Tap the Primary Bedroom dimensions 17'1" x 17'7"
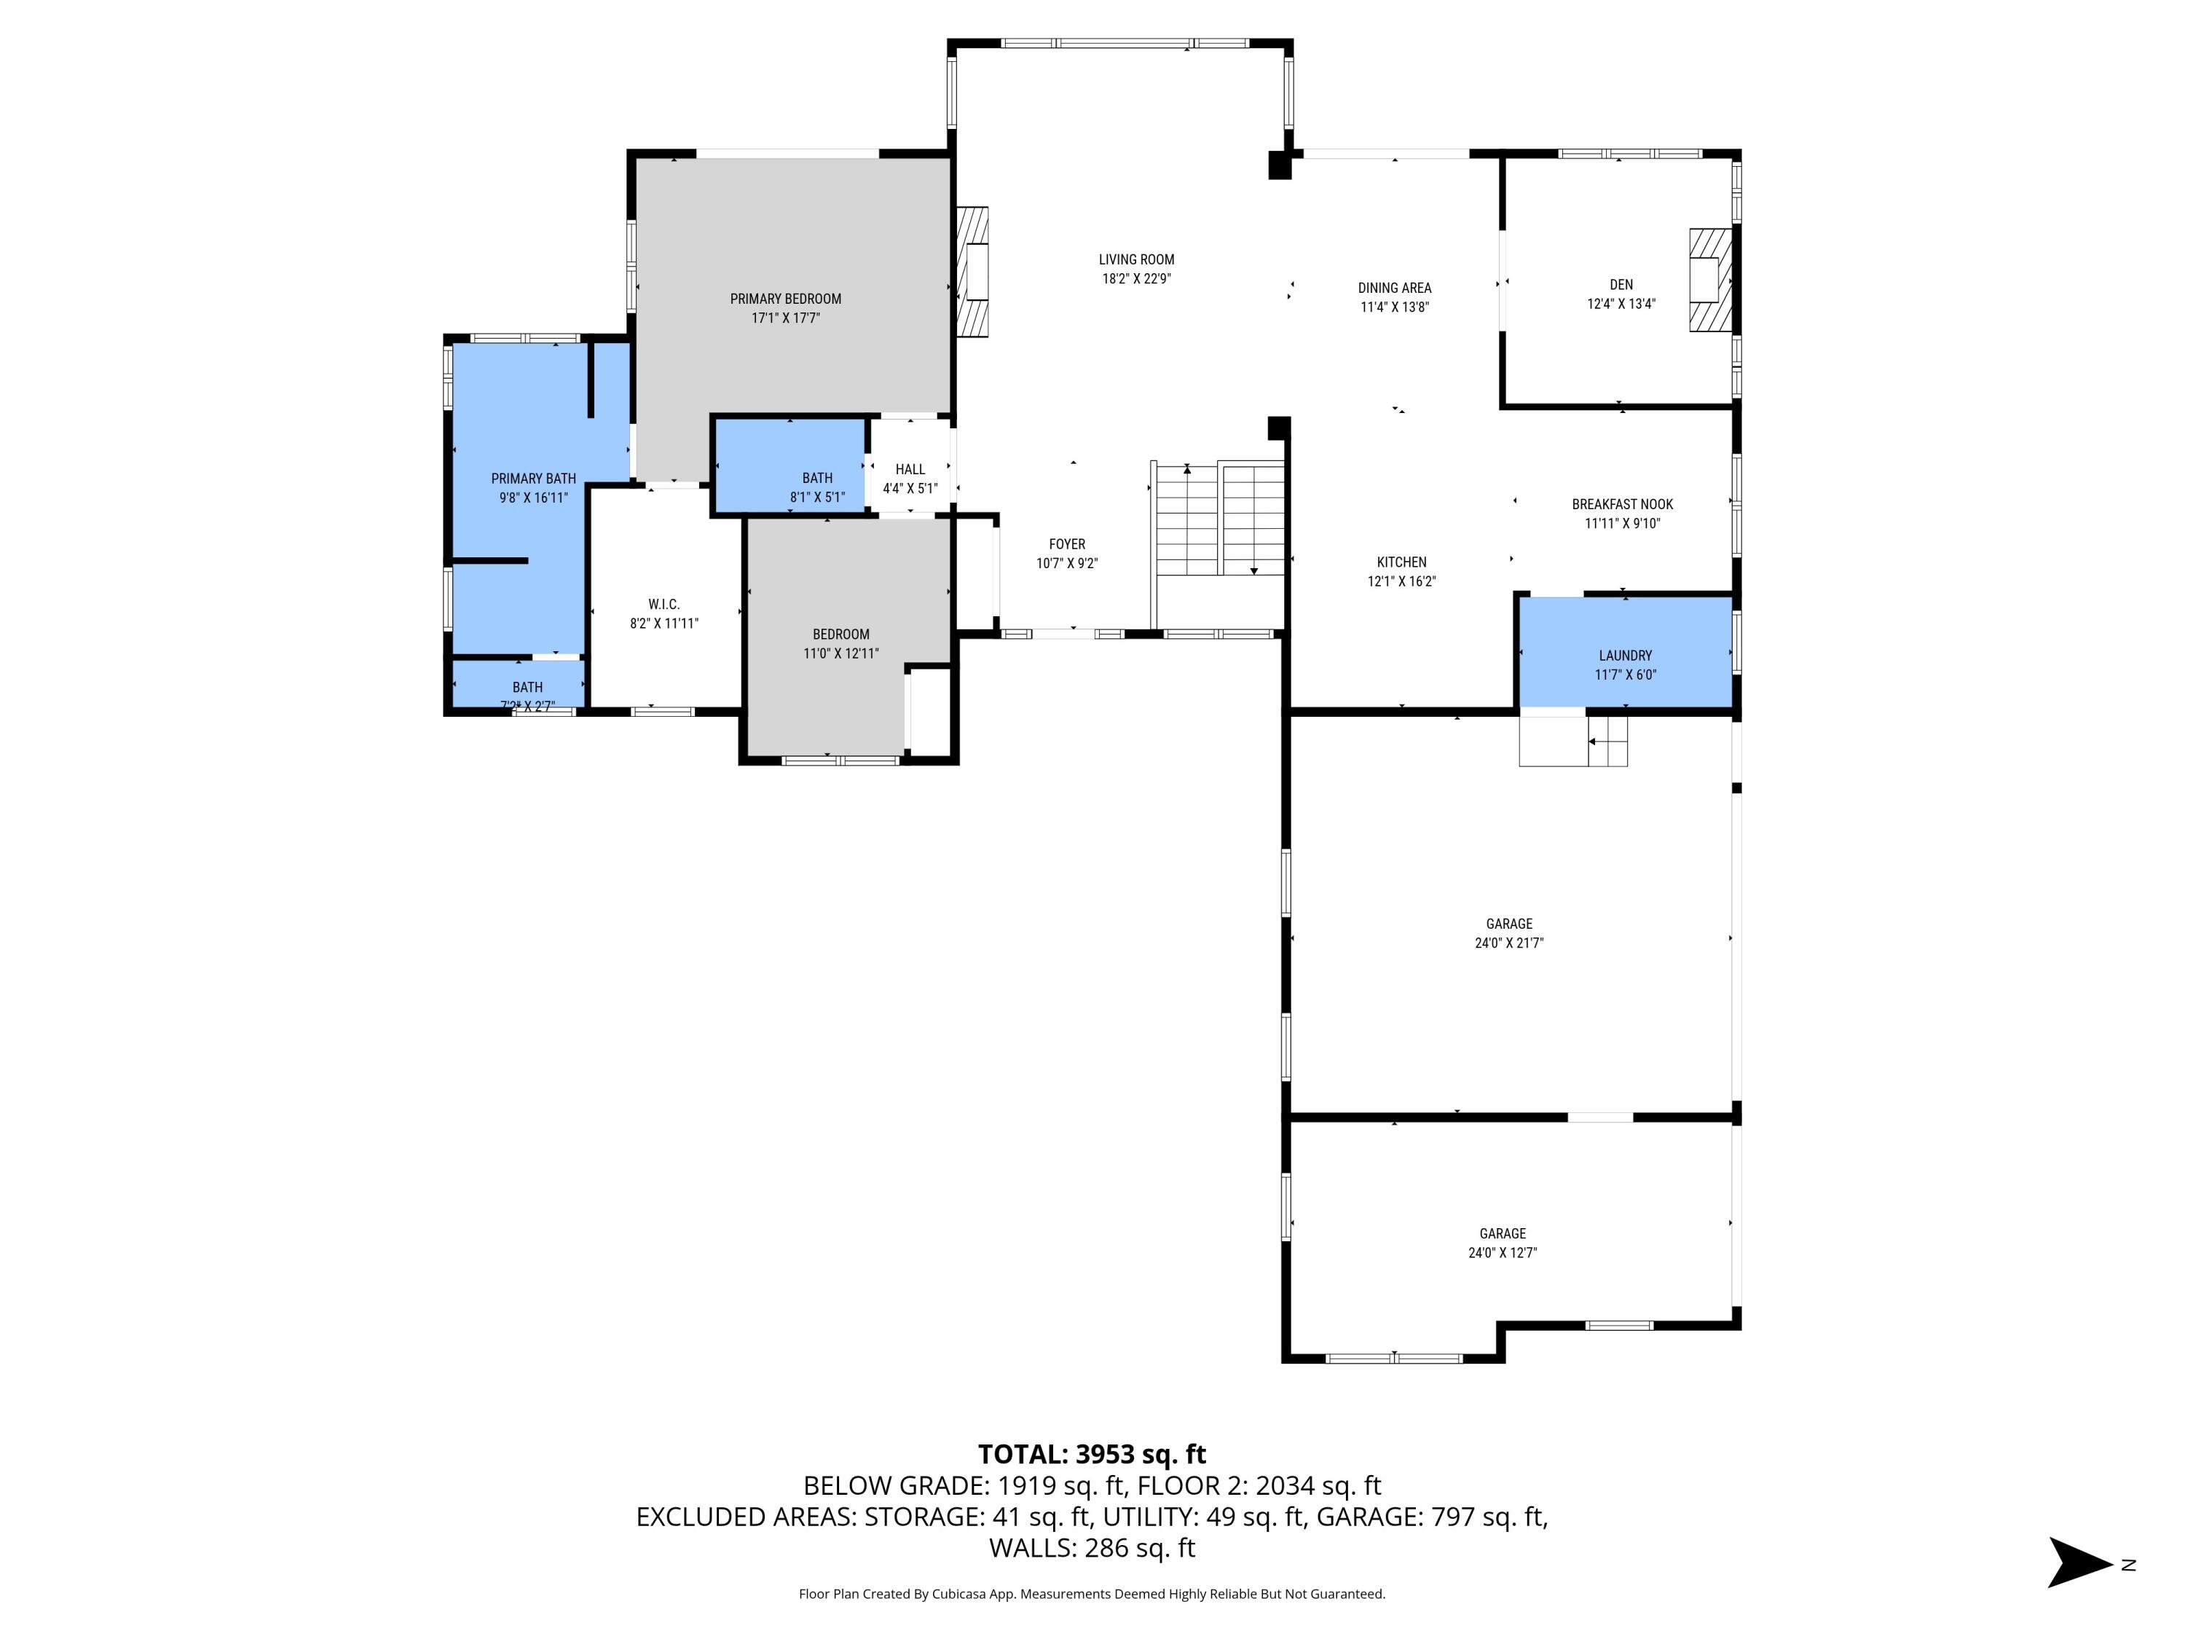click(x=785, y=318)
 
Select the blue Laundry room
click(x=1625, y=652)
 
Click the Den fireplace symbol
click(x=1710, y=280)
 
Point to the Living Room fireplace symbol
click(x=973, y=272)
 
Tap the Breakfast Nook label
click(x=1622, y=505)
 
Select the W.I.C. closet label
click(x=664, y=605)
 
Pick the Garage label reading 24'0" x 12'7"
click(x=1503, y=1243)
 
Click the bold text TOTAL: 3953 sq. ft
click(x=1092, y=1454)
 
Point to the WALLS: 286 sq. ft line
click(x=1092, y=1548)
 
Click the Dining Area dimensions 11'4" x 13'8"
click(x=1394, y=307)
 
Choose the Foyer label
click(x=1067, y=544)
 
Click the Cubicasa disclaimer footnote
click(x=1092, y=1594)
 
